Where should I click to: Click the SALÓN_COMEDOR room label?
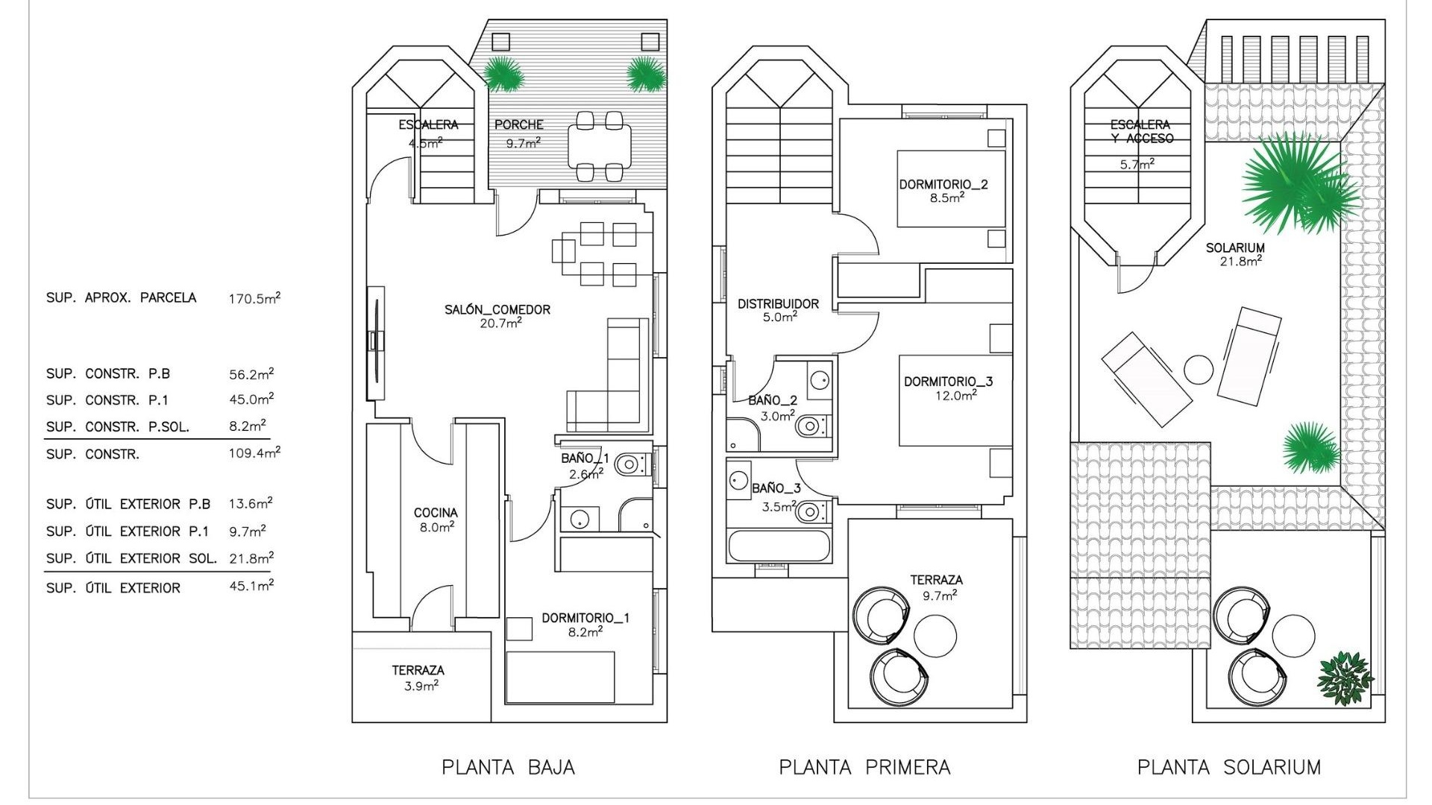point(497,309)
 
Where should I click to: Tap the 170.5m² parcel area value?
point(254,298)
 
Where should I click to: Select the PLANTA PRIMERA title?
point(864,767)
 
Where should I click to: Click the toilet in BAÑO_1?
point(631,465)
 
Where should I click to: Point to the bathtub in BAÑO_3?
point(778,546)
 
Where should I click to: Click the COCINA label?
point(436,513)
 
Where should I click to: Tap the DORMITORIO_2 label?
point(943,184)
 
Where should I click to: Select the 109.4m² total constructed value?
point(254,452)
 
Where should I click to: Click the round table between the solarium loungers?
point(1199,370)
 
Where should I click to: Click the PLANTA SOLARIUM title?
point(1228,767)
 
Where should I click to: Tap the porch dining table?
point(600,147)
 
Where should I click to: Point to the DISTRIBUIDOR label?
point(778,303)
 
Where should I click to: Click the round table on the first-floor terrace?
point(935,635)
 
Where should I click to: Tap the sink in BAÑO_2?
point(820,380)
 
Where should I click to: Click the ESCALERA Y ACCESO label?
point(1141,131)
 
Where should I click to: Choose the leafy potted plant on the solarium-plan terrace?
point(1344,678)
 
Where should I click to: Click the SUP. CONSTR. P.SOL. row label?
point(118,427)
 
